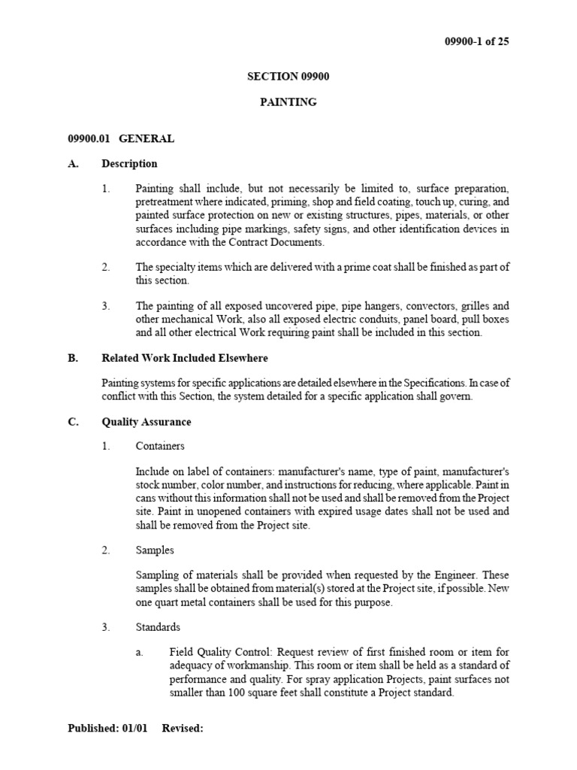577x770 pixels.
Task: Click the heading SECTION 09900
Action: (x=288, y=77)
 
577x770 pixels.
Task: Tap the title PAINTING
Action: (x=288, y=102)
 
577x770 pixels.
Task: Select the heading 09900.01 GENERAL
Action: (x=121, y=138)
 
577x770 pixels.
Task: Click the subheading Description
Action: (x=130, y=164)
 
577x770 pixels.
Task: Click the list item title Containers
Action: (x=160, y=447)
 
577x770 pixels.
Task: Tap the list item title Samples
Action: (x=155, y=550)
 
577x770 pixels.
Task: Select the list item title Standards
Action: (x=158, y=627)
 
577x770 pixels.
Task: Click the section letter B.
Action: (x=73, y=359)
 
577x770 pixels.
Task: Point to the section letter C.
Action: (x=73, y=423)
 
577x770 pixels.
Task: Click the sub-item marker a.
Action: (x=139, y=652)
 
